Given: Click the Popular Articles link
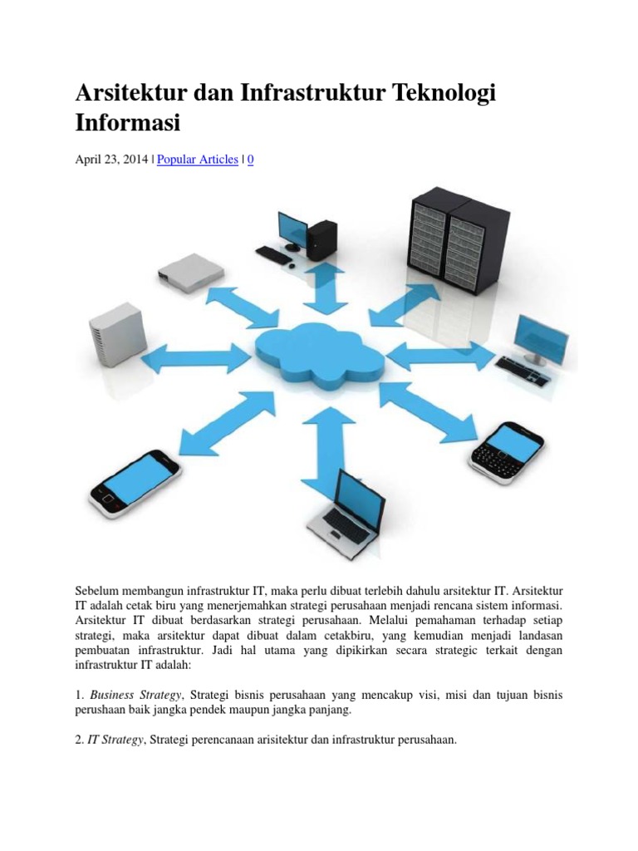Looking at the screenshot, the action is (197, 159).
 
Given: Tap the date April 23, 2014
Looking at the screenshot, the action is (111, 159).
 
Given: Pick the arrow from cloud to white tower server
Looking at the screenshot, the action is (196, 359).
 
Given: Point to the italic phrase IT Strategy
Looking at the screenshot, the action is (115, 738).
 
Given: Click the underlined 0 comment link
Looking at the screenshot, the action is (251, 159).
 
